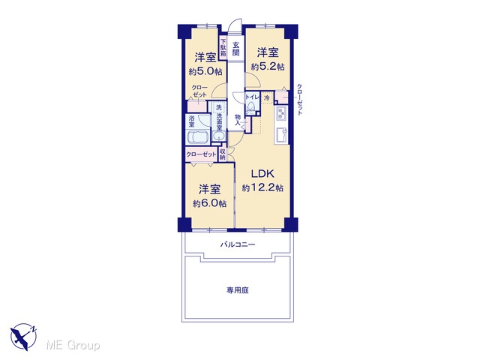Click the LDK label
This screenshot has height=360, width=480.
click(x=262, y=174)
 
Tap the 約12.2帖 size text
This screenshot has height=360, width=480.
click(x=262, y=187)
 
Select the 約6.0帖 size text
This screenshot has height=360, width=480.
click(x=210, y=203)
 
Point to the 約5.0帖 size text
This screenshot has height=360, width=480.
click(x=205, y=72)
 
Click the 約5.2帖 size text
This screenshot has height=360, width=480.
click(x=268, y=67)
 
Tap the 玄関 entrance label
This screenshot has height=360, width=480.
click(x=235, y=49)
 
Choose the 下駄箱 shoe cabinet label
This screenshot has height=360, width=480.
click(x=223, y=48)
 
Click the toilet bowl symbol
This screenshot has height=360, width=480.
click(x=251, y=107)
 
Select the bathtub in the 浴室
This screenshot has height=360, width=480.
click(x=198, y=137)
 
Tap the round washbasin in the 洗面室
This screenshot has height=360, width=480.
click(x=218, y=136)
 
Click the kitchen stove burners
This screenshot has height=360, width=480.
click(x=281, y=114)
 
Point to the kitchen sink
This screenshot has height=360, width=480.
click(x=281, y=135)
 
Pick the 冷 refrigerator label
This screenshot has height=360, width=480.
click(x=267, y=98)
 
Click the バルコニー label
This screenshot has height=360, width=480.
click(x=238, y=244)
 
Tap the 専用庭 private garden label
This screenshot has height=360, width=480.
click(x=238, y=290)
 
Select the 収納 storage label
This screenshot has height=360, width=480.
click(x=223, y=154)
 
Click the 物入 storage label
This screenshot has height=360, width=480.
click(x=238, y=120)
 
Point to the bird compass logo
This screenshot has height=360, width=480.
click(x=23, y=337)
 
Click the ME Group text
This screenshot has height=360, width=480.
click(x=73, y=345)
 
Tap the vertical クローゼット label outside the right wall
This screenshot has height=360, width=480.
click(x=300, y=100)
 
